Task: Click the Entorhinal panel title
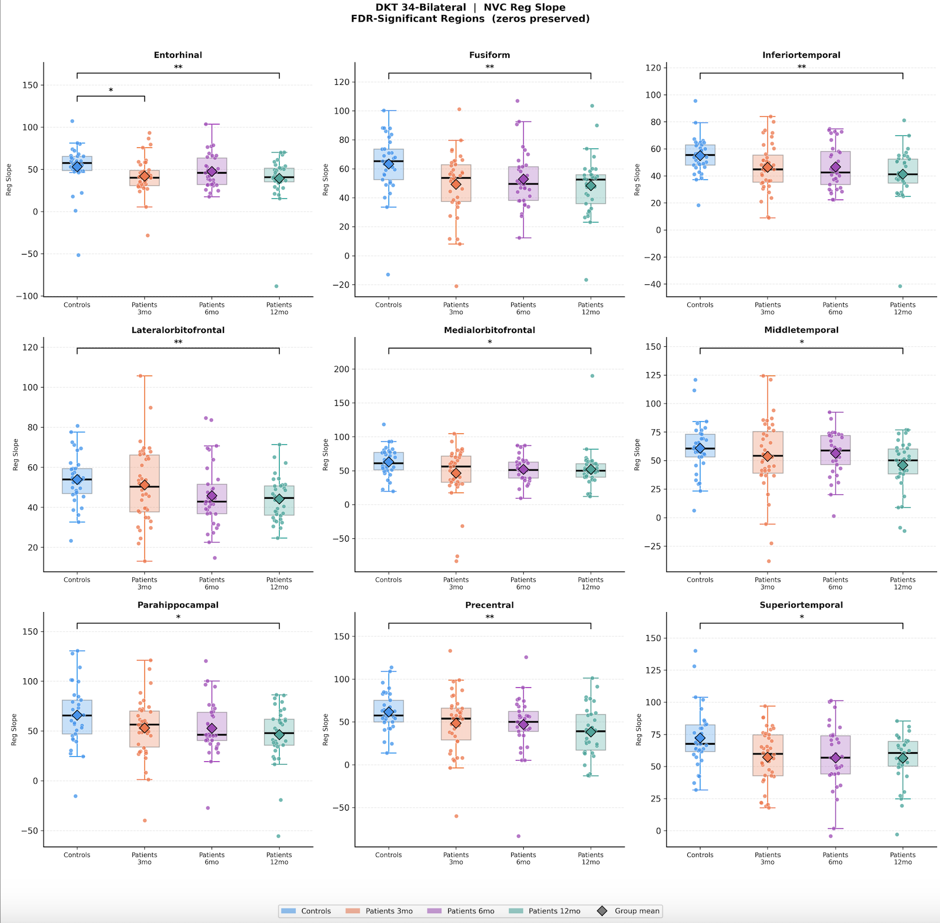pos(178,55)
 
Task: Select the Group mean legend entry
pos(637,911)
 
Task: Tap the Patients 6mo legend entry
pos(470,911)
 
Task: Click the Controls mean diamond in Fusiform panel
pos(389,164)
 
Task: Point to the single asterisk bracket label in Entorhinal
pos(111,91)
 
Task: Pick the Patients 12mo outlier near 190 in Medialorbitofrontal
pos(592,376)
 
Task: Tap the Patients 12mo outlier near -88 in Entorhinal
pos(276,286)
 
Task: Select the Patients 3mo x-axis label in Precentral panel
pos(456,858)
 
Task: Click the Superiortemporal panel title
pos(801,605)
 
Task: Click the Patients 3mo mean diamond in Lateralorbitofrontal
pos(144,485)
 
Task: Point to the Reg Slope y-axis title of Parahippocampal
pos(14,729)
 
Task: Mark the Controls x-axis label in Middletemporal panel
pos(700,580)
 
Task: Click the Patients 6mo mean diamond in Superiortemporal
pos(835,758)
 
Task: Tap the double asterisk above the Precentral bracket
pos(489,617)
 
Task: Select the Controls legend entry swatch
pos(289,911)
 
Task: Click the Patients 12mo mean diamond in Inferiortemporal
pos(903,174)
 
